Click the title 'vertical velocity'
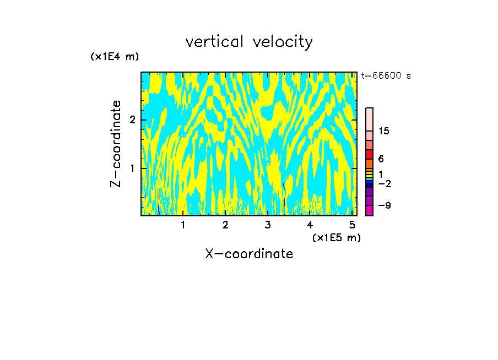click(x=249, y=42)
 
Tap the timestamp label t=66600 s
click(x=386, y=76)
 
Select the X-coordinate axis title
click(x=249, y=254)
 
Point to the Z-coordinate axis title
click(x=116, y=144)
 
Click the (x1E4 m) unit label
click(x=115, y=57)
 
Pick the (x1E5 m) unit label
click(x=336, y=237)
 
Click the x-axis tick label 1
click(x=183, y=225)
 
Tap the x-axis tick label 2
click(x=225, y=225)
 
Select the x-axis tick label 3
click(x=268, y=225)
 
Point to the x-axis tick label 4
click(x=310, y=225)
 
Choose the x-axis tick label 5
click(x=352, y=225)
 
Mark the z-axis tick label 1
click(x=132, y=168)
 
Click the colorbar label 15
click(x=384, y=131)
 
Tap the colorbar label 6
click(x=381, y=159)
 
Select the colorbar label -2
click(x=384, y=183)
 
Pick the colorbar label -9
click(x=384, y=205)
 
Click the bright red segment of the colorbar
click(x=369, y=154)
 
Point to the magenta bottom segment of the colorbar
click(x=369, y=210)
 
